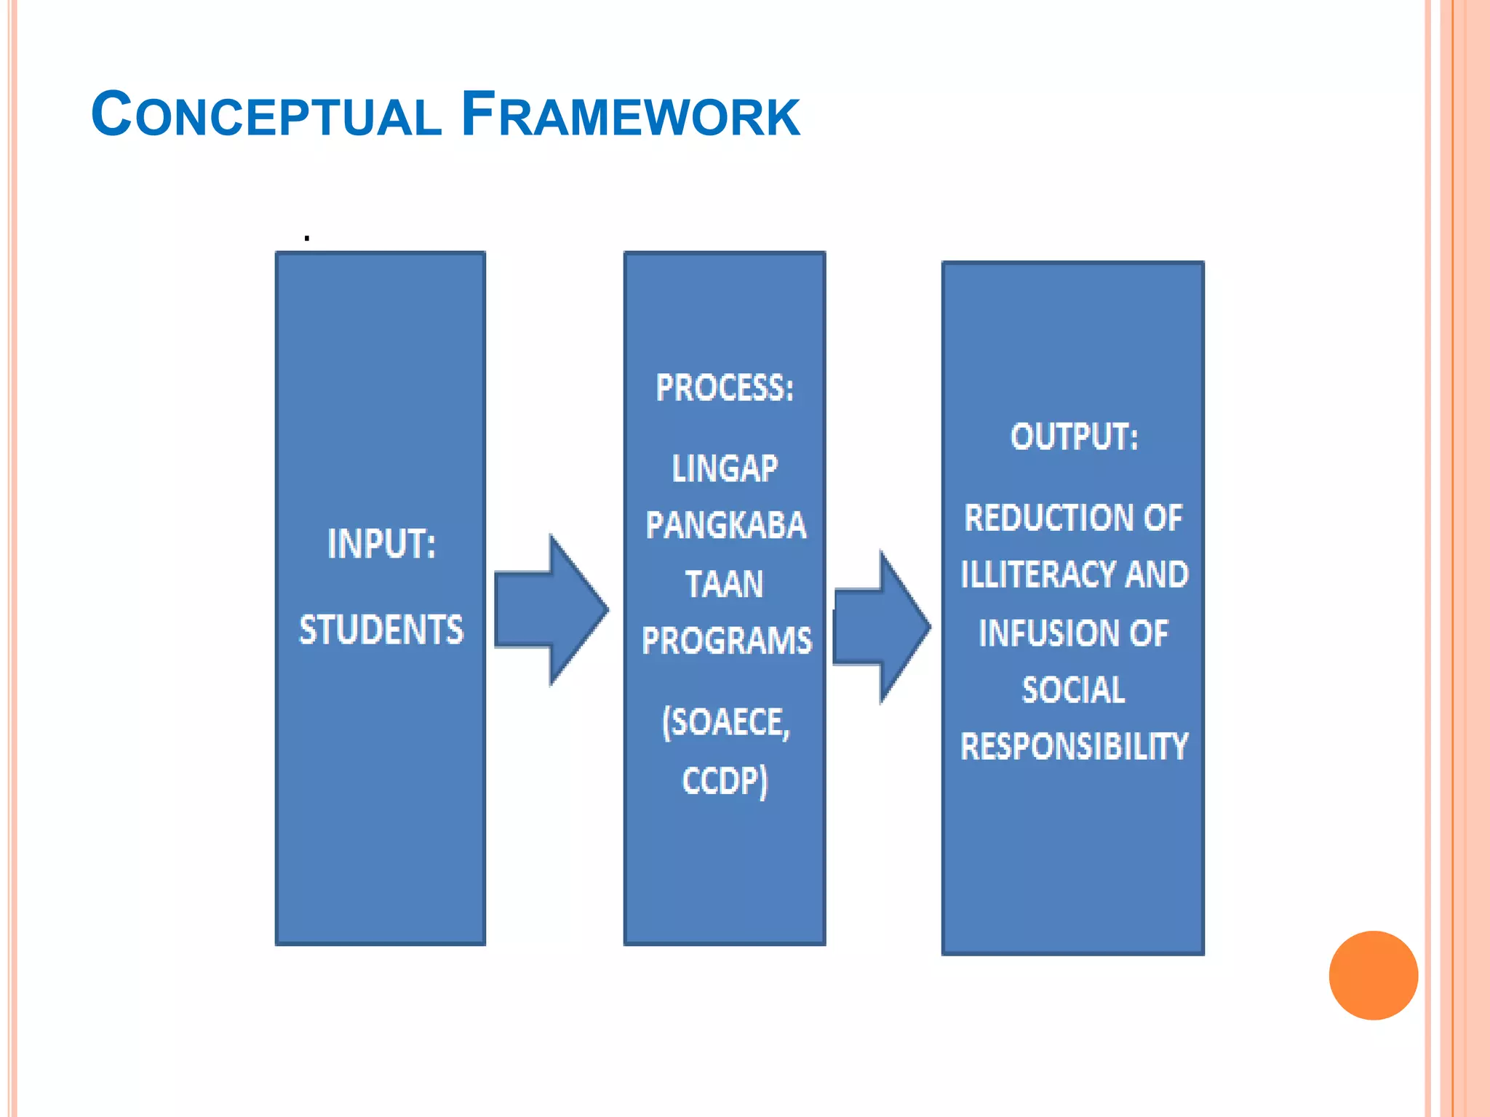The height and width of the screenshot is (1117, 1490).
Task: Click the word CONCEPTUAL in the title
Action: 266,115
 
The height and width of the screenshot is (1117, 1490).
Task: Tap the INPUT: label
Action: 381,544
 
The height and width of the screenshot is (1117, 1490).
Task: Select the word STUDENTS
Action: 381,630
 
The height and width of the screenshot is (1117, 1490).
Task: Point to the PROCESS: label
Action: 725,388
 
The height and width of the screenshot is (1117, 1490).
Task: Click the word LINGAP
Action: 725,468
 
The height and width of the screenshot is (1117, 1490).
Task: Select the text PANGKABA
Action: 725,526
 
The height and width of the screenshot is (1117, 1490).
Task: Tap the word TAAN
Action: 725,584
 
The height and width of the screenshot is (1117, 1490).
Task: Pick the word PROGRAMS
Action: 726,641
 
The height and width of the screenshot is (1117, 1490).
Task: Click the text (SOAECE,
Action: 725,723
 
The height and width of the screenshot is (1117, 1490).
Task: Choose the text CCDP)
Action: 725,781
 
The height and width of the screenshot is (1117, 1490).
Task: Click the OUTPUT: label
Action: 1074,437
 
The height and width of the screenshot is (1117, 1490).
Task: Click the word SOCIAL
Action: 1074,690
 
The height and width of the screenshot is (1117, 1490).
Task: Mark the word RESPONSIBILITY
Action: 1074,747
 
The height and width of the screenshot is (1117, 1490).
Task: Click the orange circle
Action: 1373,975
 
